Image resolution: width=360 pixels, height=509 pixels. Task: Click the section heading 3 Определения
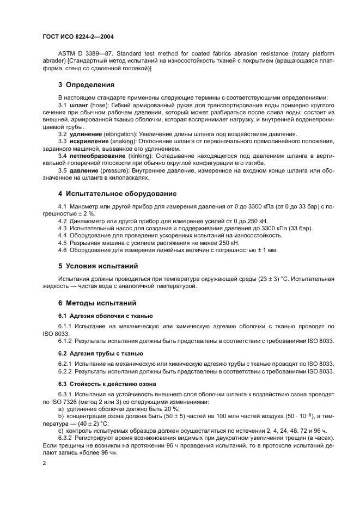point(86,85)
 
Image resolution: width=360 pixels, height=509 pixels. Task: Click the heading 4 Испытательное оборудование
point(117,194)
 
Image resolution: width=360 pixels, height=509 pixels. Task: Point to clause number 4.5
point(63,243)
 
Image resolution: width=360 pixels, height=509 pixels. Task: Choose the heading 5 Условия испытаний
point(98,266)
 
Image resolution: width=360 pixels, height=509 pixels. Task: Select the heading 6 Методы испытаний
point(97,303)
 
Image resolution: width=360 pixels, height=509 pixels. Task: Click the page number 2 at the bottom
point(45,463)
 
